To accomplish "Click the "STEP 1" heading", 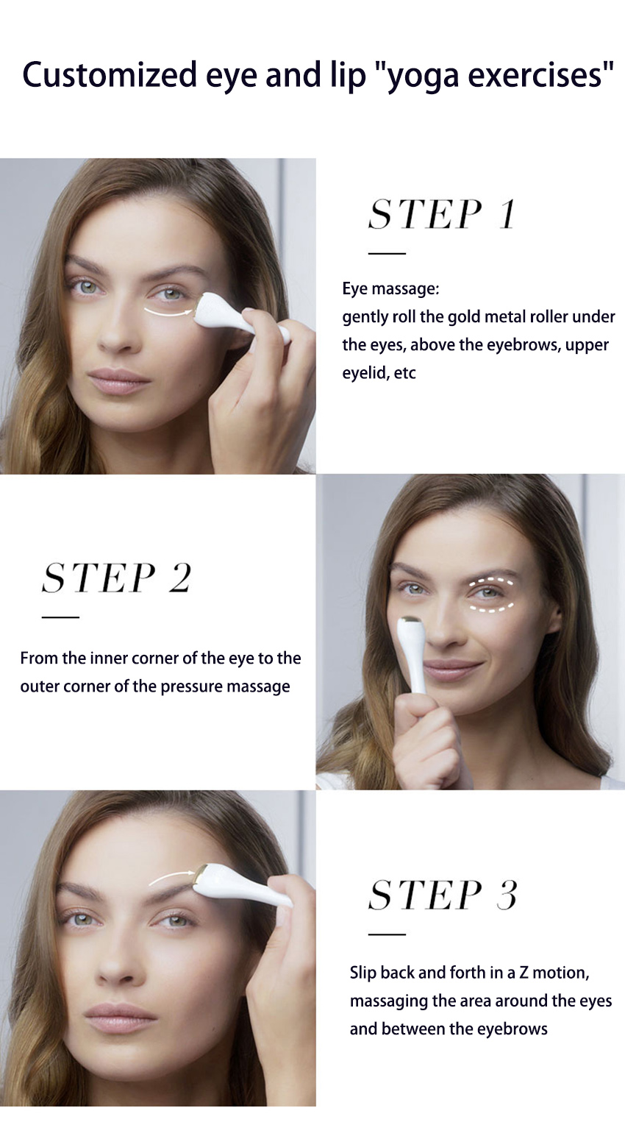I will click(442, 215).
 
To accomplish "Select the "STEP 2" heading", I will click(116, 578).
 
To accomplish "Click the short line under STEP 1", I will click(387, 253).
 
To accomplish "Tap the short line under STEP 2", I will click(60, 617).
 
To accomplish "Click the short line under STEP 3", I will click(387, 934).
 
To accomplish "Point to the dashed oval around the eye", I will click(492, 595).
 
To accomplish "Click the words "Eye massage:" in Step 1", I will click(390, 288).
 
